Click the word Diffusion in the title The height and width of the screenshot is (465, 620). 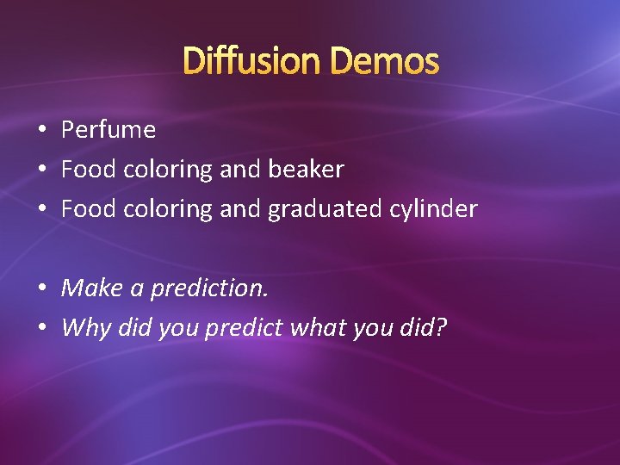click(253, 61)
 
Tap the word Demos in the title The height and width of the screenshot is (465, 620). click(385, 61)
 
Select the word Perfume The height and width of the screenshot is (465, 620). click(108, 130)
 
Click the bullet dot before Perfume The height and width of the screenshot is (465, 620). click(41, 131)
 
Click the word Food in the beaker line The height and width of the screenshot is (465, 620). click(89, 170)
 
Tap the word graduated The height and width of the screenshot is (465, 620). click(332, 209)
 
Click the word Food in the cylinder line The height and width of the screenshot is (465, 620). click(89, 209)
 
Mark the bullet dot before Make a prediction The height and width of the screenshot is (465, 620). click(41, 288)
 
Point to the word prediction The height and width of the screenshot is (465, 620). click(209, 288)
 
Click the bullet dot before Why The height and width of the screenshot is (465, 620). click(41, 328)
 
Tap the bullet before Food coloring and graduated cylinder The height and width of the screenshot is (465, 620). click(41, 209)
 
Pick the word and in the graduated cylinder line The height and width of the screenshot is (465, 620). click(240, 209)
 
